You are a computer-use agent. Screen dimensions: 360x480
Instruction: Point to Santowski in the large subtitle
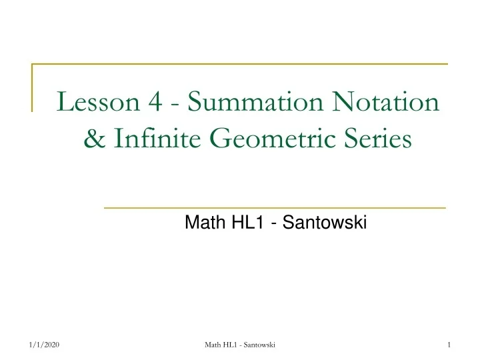point(325,224)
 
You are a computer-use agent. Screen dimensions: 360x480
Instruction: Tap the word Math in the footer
point(214,344)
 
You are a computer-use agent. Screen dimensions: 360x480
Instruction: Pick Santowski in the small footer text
point(260,344)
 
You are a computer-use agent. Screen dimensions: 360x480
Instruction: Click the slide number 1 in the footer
point(451,344)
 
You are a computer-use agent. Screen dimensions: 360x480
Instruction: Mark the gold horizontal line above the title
point(240,64)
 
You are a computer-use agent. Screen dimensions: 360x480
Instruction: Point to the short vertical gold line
point(32,87)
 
